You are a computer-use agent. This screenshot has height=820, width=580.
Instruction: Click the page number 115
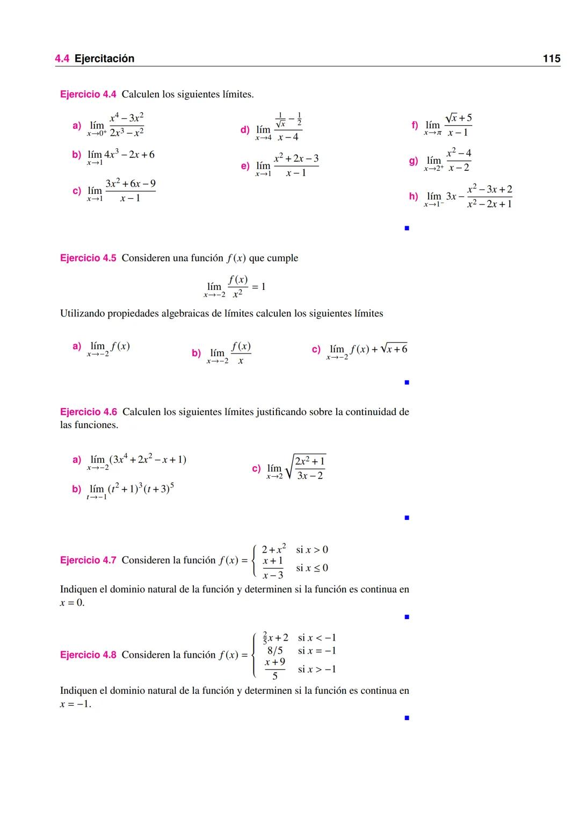[552, 59]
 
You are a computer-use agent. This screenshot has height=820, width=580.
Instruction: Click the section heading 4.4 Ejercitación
[95, 59]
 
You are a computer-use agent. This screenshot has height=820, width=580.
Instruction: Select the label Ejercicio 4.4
[88, 95]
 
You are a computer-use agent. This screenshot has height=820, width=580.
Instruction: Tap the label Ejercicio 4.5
[88, 258]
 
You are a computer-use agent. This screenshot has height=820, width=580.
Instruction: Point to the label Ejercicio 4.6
[88, 412]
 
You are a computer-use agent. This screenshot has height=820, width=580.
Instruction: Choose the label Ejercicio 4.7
[88, 560]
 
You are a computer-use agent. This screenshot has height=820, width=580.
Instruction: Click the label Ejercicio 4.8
[88, 655]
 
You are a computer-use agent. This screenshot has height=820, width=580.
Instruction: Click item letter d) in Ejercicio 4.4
[245, 129]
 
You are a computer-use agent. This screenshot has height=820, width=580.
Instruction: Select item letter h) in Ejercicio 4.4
[414, 196]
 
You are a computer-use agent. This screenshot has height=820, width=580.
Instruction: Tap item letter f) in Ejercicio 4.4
[415, 125]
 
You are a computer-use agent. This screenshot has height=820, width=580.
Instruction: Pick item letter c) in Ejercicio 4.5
[316, 349]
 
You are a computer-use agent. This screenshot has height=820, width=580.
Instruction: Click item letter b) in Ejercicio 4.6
[77, 489]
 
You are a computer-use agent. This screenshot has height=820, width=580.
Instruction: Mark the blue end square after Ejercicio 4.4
[407, 228]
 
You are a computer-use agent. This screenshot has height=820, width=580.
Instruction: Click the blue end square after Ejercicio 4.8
[407, 717]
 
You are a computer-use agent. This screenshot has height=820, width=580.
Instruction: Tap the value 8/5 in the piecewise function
[275, 651]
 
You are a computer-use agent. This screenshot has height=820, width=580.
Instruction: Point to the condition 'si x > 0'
[312, 550]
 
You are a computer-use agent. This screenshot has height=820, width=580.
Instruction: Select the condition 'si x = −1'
[317, 651]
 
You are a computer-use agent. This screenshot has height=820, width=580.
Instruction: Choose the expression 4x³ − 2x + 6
[129, 155]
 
